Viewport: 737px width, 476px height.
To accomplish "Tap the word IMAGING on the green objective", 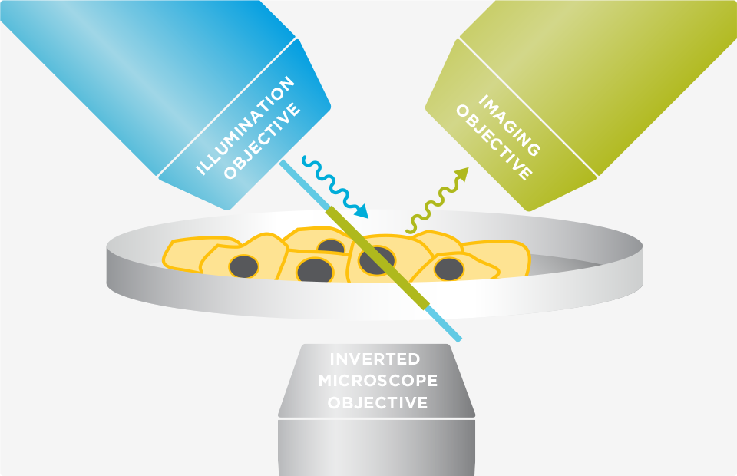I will tap(507, 123).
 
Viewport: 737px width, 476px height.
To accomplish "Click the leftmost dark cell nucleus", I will tap(244, 266).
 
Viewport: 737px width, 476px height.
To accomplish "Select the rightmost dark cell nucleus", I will tap(448, 269).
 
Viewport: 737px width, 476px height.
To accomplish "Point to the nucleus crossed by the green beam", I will tap(376, 260).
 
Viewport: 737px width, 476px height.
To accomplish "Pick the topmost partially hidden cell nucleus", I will tap(331, 246).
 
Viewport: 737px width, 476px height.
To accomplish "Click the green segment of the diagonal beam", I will tap(376, 257).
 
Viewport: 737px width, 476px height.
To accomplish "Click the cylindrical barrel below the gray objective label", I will tap(376, 449).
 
